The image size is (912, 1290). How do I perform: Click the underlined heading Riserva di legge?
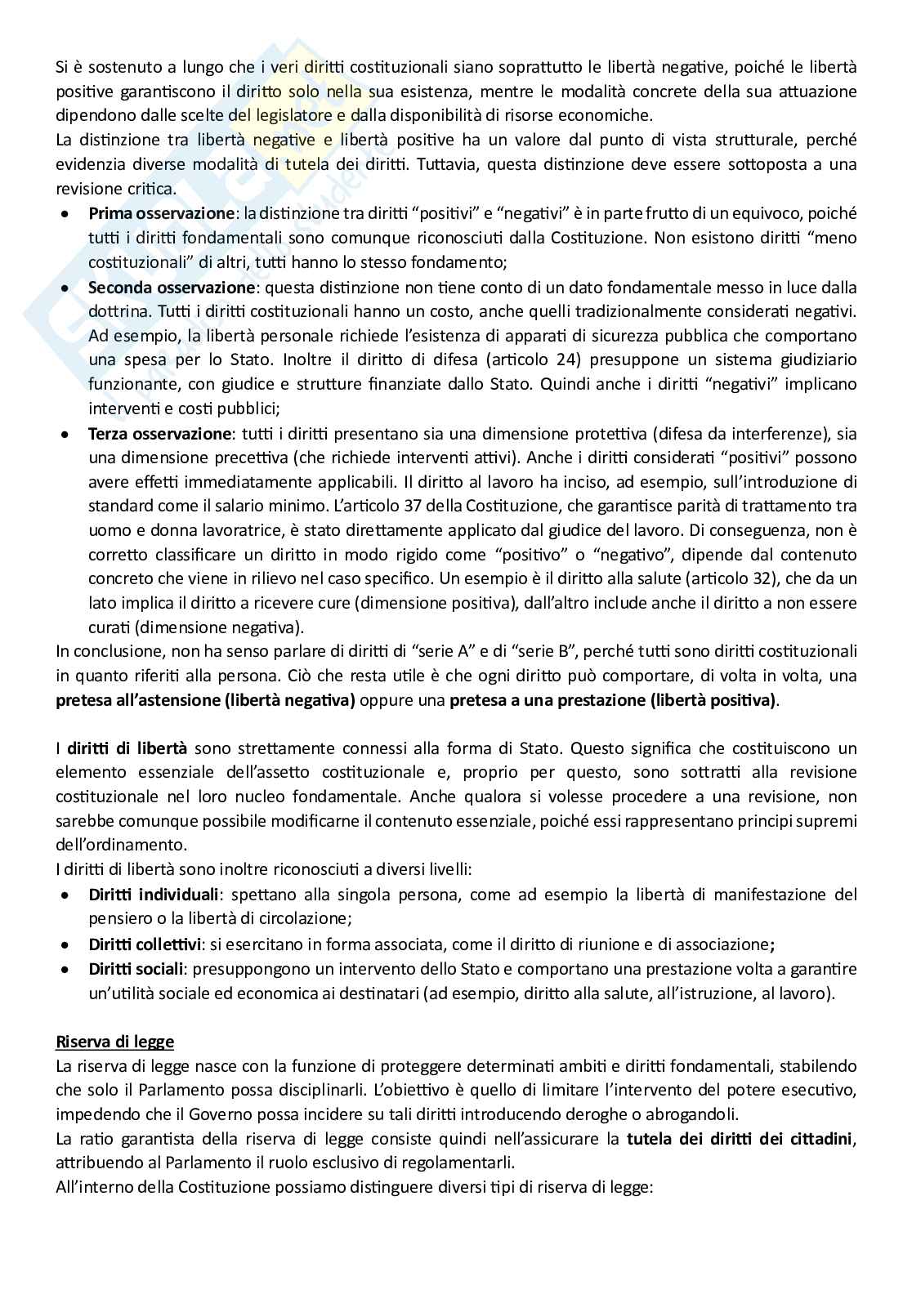coord(114,1042)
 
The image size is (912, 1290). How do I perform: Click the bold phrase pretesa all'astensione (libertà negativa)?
coord(205,700)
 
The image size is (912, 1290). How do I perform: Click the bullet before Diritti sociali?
coord(65,970)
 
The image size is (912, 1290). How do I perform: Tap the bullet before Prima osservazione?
coord(65,214)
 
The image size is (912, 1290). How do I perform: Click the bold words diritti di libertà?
coord(127,748)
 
